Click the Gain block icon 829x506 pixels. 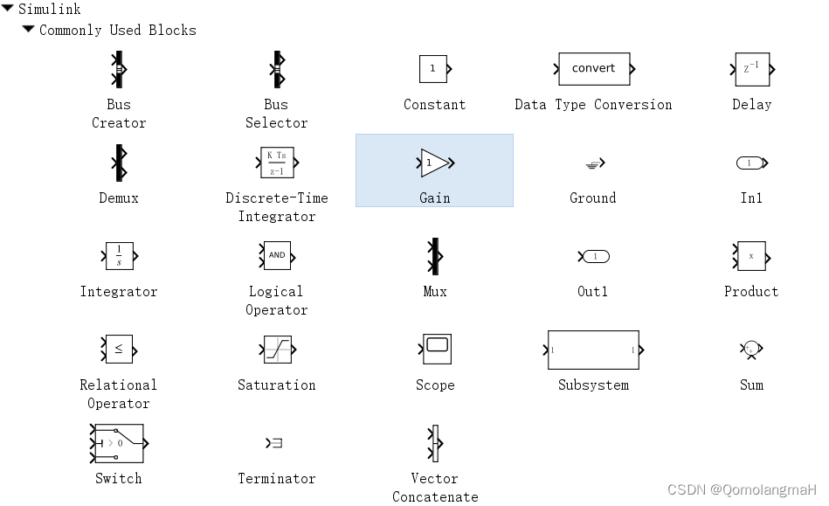(434, 163)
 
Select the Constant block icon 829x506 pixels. (434, 69)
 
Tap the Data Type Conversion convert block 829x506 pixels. (594, 69)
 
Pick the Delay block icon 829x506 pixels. (751, 69)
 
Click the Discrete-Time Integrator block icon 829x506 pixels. (276, 163)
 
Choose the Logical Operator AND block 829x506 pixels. (277, 256)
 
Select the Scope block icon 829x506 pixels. (435, 349)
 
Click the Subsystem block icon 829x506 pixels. (593, 350)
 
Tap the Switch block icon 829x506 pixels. (119, 443)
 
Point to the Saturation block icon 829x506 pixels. (277, 350)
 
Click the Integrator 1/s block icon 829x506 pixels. (119, 256)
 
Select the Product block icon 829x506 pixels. (751, 256)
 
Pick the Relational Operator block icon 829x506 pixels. (119, 350)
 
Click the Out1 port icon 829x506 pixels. (594, 256)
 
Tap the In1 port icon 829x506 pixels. (750, 163)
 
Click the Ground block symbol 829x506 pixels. (594, 163)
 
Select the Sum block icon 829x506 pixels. (751, 350)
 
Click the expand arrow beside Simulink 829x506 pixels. (8, 9)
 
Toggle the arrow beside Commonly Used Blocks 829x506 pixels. (28, 29)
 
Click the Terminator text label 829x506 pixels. (277, 479)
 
